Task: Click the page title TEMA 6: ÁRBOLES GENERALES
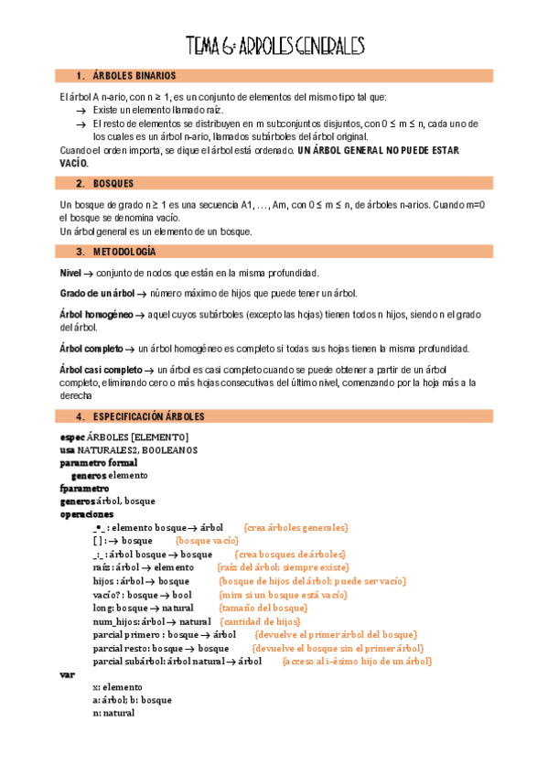click(x=274, y=45)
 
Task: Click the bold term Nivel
click(x=70, y=273)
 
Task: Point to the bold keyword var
click(x=66, y=674)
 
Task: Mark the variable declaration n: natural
click(x=113, y=713)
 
